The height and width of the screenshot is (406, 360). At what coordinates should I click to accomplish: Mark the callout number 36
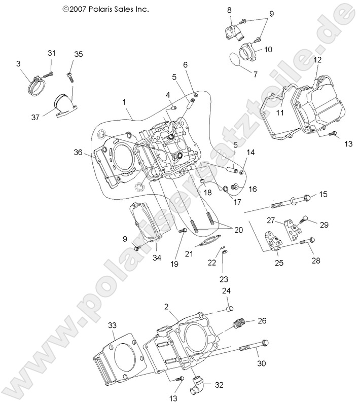pyautogui.click(x=77, y=152)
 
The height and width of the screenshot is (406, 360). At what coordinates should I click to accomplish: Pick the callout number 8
pyautogui.click(x=229, y=10)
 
